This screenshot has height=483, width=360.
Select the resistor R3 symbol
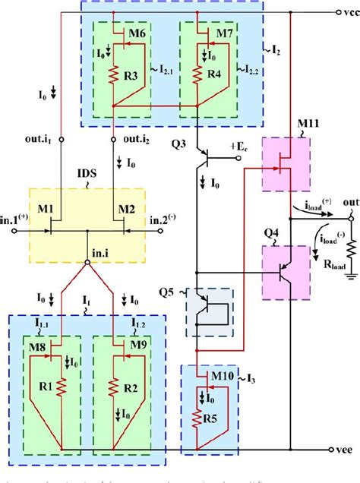click(x=113, y=77)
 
